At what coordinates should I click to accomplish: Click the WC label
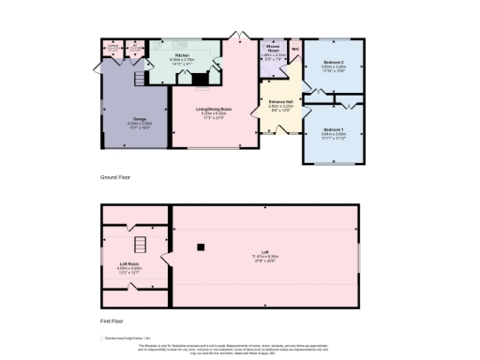[294, 49]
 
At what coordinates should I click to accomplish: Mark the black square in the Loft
[201, 247]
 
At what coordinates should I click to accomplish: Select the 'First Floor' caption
[112, 320]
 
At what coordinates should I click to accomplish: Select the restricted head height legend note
[127, 337]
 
